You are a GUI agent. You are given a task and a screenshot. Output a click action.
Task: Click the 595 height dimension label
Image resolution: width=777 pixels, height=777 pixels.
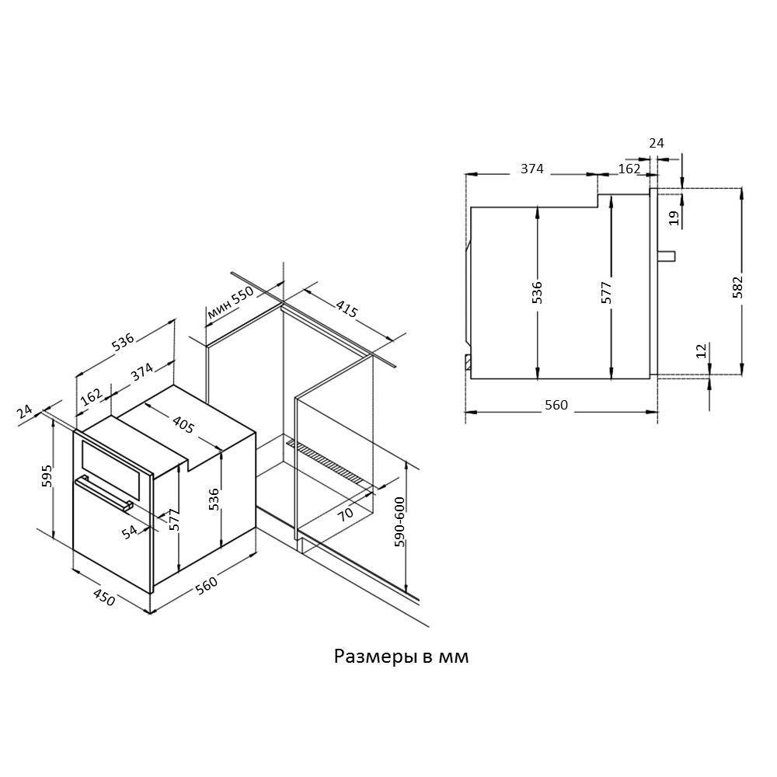coord(47,476)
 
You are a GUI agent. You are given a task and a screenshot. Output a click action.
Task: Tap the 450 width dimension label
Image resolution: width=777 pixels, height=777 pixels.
coord(104,598)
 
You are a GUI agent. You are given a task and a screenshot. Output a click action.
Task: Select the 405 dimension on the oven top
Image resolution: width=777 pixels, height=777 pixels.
coord(183,425)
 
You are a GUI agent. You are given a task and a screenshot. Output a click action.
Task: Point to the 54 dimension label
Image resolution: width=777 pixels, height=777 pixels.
coord(130,531)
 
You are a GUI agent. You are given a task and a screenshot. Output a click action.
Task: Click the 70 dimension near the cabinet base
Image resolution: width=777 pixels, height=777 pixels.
coord(346,512)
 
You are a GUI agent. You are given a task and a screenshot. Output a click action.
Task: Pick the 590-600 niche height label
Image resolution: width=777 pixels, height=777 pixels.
coord(399,521)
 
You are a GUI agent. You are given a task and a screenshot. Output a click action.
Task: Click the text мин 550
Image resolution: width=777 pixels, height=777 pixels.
coord(231,302)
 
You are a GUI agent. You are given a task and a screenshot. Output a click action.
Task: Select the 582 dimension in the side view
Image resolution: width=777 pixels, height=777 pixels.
coord(738,286)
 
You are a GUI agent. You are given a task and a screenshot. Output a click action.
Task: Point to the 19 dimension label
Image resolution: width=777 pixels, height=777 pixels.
coord(674,218)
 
